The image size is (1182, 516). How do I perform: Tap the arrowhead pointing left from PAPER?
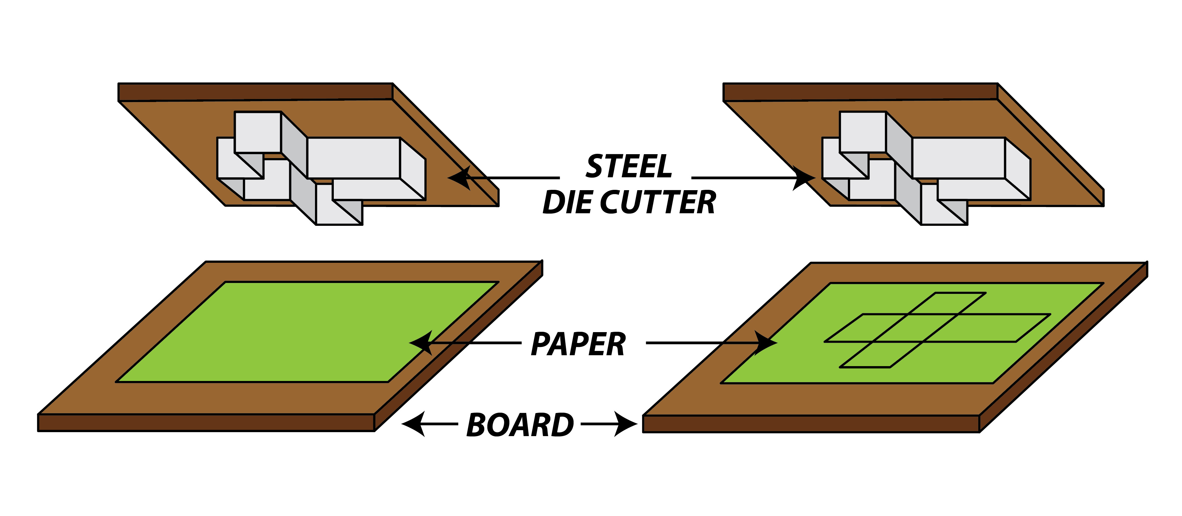click(420, 343)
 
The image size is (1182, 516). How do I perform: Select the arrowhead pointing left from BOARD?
click(413, 424)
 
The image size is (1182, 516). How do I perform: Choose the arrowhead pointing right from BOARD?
click(626, 424)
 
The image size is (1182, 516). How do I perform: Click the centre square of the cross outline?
click(916, 328)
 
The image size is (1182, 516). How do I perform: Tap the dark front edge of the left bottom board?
click(206, 423)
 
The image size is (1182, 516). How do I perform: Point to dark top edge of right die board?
click(860, 92)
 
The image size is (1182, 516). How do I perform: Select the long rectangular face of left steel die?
click(353, 158)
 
